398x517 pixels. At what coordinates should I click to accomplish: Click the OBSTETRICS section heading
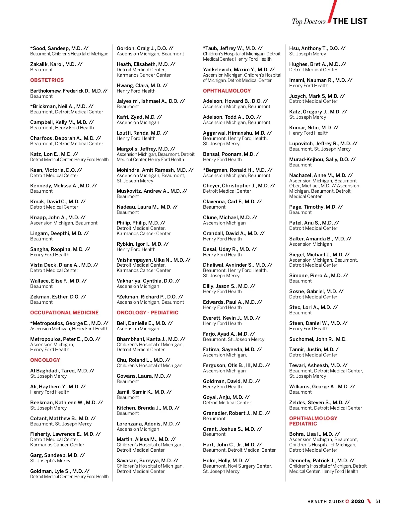tap(47, 80)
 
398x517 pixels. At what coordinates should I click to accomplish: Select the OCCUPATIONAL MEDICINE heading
tap(64, 313)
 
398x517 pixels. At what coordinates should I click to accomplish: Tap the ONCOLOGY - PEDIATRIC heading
tap(147, 313)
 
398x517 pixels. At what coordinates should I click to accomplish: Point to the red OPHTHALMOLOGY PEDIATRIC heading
tap(313, 421)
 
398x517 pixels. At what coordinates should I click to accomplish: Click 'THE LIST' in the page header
tap(350, 22)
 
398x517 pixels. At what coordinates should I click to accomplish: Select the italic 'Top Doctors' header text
tap(308, 22)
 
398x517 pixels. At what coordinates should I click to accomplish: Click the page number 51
tap(378, 501)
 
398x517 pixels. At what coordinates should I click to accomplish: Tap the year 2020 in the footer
tap(358, 501)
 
